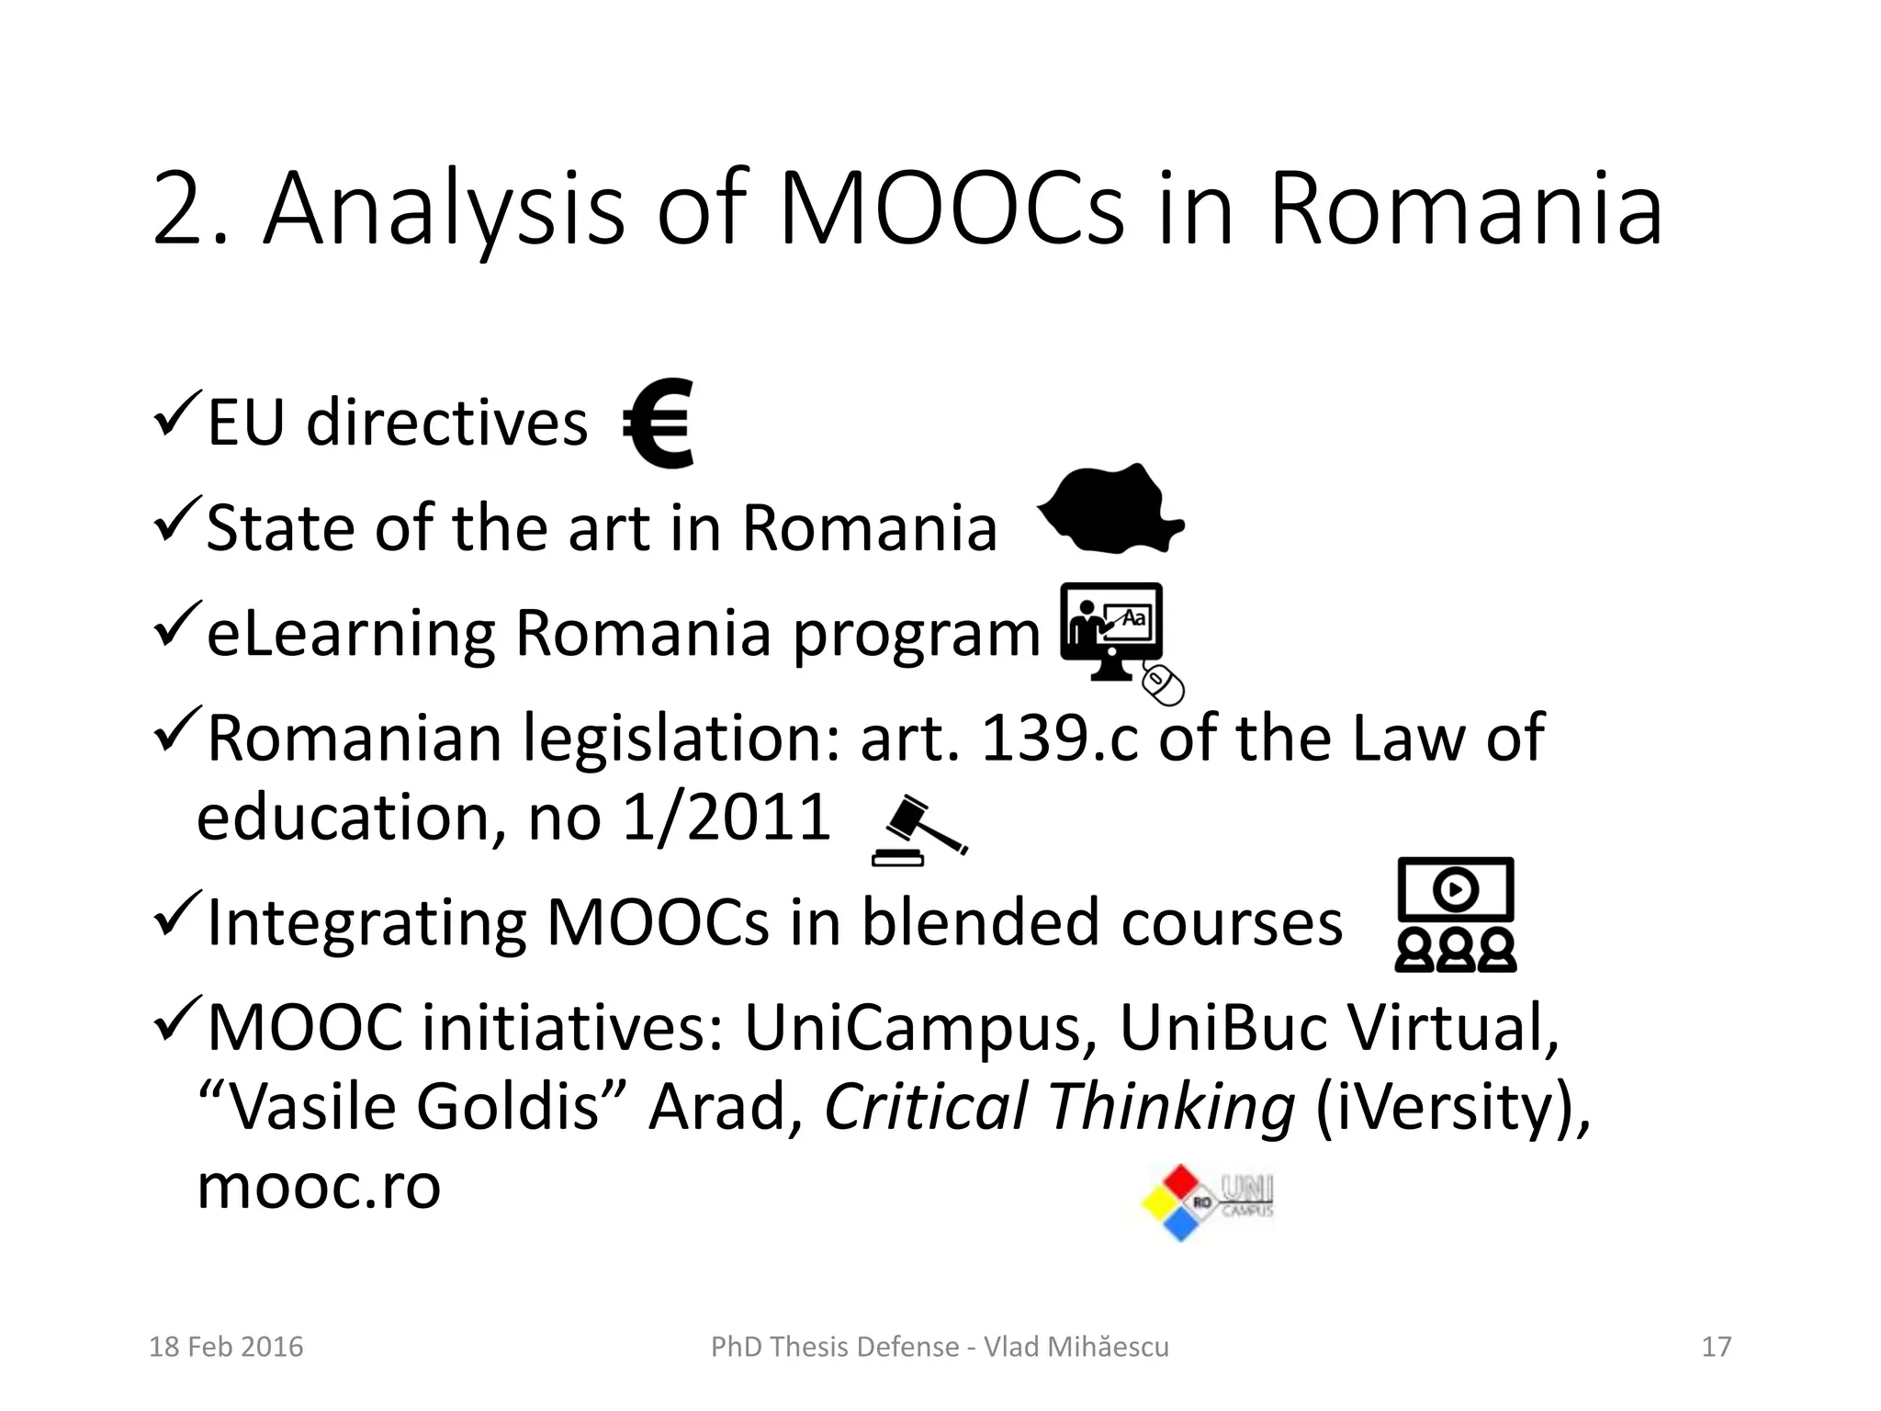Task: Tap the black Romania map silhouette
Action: coord(1109,511)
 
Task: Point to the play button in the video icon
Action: coord(1455,888)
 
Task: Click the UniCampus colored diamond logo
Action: coord(1181,1202)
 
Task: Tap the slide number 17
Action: coord(1716,1347)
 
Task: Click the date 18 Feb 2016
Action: coord(226,1347)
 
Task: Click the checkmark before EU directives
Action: coord(176,414)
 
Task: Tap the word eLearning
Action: coord(350,633)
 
